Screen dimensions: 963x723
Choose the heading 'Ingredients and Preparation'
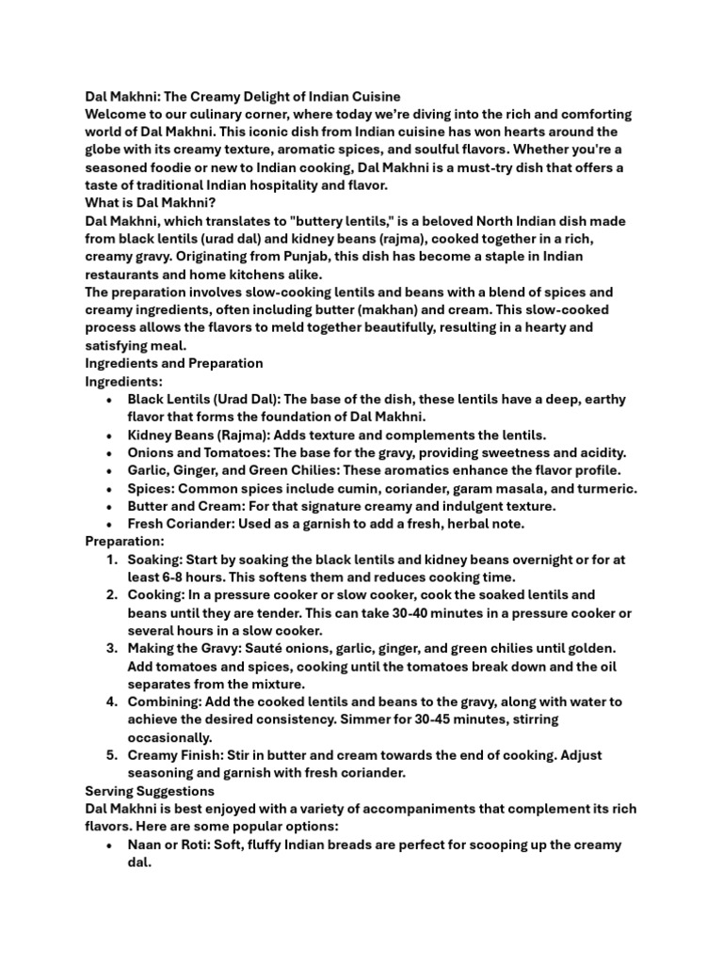pyautogui.click(x=174, y=363)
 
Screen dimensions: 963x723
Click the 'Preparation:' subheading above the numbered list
pyautogui.click(x=124, y=542)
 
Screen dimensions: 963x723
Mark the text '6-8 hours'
pyautogui.click(x=197, y=577)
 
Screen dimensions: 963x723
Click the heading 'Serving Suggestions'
pyautogui.click(x=150, y=791)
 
